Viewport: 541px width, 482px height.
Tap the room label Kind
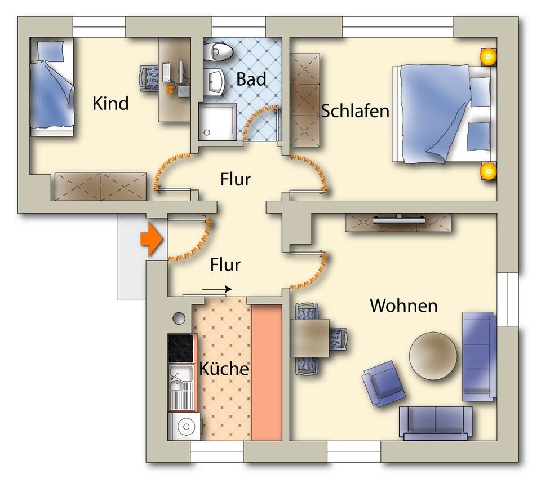point(110,104)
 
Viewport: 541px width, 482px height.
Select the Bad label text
point(251,79)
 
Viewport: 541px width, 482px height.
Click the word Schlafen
point(355,111)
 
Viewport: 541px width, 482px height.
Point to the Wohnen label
point(403,306)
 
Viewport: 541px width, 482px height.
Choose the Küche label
point(224,369)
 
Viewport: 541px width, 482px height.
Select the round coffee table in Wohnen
point(433,355)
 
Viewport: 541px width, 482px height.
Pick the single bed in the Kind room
point(52,87)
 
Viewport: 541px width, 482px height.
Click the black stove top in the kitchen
point(181,348)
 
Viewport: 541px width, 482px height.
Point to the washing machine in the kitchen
point(184,426)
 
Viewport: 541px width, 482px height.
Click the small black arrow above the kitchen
point(216,289)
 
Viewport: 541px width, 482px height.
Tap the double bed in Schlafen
point(442,114)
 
